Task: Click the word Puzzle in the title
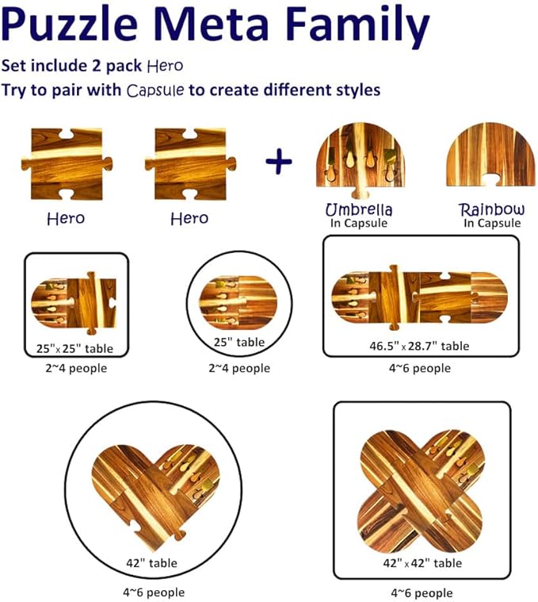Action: [x=70, y=24]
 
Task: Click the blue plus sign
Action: [x=279, y=161]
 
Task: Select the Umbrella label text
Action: [x=359, y=210]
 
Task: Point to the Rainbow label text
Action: [x=492, y=209]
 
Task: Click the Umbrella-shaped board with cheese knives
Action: [x=360, y=159]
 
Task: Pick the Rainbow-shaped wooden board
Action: [x=490, y=155]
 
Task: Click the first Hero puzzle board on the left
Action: [x=67, y=164]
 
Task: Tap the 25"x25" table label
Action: [x=74, y=349]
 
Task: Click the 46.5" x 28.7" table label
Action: [x=419, y=346]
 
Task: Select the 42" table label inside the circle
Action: [x=151, y=563]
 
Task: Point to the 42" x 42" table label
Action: [x=422, y=563]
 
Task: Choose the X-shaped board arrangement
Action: [x=421, y=491]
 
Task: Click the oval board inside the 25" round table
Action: [x=238, y=302]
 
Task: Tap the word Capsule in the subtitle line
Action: [x=155, y=90]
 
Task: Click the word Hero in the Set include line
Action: [x=166, y=66]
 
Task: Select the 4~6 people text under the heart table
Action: [x=154, y=592]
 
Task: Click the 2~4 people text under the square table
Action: [x=76, y=368]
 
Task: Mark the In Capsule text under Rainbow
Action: [x=492, y=223]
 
